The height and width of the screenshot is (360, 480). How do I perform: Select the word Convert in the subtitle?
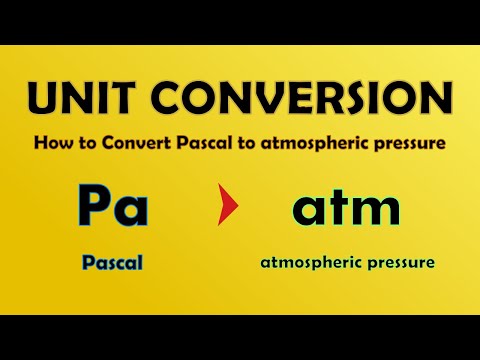click(x=128, y=143)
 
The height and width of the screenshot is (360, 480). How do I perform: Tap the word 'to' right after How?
click(x=84, y=143)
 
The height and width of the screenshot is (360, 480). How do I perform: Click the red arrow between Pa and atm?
click(x=231, y=210)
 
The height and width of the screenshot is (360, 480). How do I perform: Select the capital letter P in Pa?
click(x=96, y=208)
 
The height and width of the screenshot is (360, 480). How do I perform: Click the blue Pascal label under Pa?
click(x=113, y=263)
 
